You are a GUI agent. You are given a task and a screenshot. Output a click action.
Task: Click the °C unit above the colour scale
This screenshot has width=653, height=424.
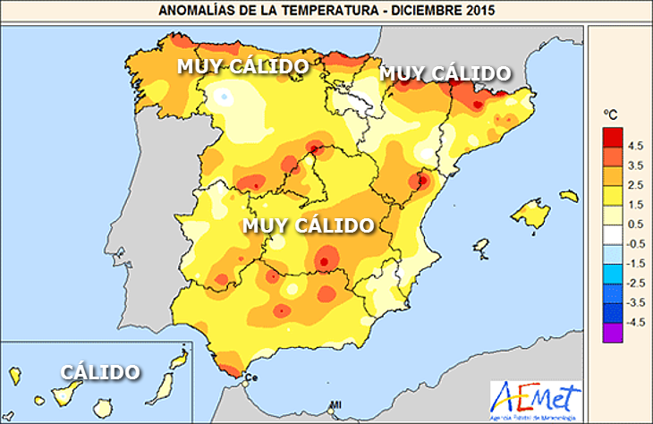tap(611, 114)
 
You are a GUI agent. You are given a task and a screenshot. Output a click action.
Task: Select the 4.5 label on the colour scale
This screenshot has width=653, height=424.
tap(636, 144)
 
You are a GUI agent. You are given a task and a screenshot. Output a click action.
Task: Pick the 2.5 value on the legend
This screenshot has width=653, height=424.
tap(636, 183)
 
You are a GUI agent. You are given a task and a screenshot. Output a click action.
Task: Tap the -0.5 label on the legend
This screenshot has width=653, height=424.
tap(636, 243)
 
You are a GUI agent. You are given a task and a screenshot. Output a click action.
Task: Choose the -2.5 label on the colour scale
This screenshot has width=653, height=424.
tap(636, 283)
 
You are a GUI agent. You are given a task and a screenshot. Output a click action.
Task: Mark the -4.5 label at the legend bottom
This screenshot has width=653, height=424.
tap(636, 322)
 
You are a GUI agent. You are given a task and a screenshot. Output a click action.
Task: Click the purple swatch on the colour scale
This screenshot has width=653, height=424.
tap(612, 332)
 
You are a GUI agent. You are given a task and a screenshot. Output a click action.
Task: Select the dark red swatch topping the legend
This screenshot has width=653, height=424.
tap(612, 135)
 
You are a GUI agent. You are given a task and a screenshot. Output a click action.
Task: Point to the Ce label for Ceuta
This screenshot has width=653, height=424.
tap(251, 377)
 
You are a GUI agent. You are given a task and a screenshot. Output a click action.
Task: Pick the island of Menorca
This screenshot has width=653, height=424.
tap(567, 194)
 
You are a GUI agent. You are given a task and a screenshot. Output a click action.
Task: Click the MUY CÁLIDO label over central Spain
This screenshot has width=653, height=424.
tap(307, 225)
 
